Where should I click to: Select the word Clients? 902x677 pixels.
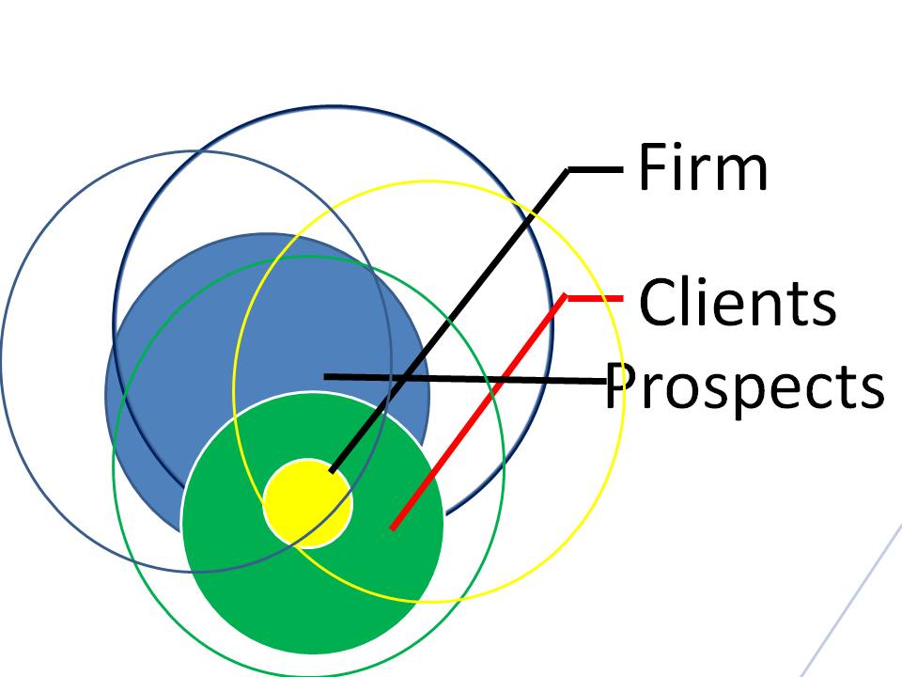point(738,302)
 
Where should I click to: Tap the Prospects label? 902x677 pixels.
point(744,386)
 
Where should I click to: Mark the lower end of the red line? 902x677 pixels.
point(393,527)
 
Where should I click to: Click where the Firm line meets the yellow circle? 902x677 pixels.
point(332,469)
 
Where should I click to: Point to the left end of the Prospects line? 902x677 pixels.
point(325,376)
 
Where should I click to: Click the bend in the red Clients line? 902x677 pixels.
point(566,297)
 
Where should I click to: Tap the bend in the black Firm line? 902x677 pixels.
point(569,170)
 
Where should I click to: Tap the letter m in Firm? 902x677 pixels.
point(742,172)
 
